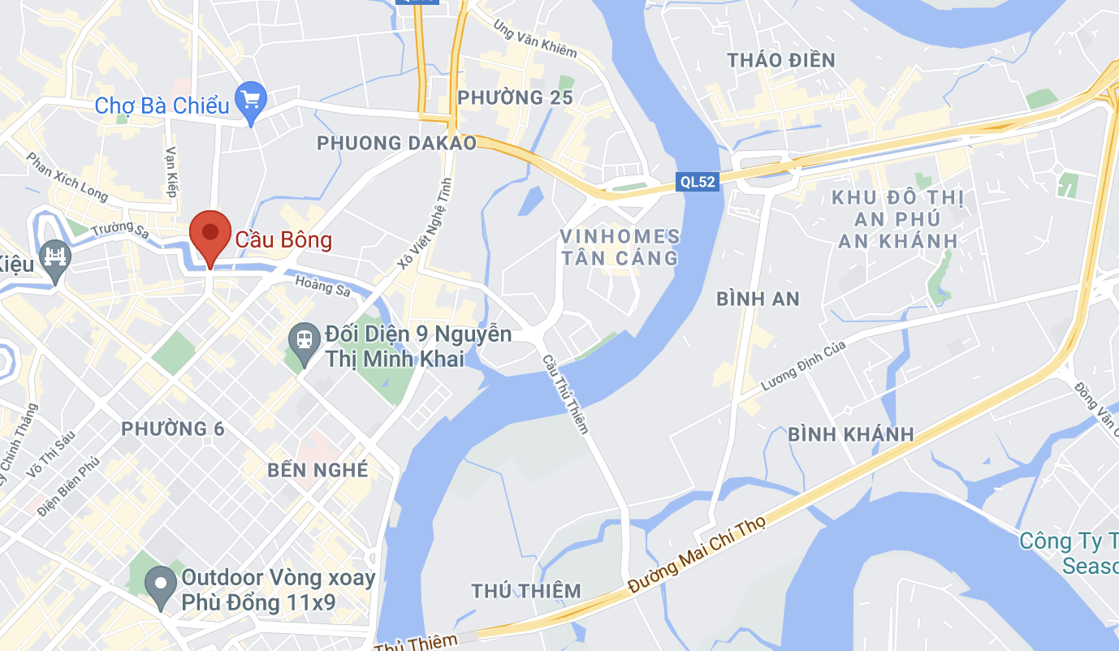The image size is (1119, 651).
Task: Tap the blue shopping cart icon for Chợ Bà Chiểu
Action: point(251,101)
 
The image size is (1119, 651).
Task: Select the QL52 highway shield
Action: point(698,182)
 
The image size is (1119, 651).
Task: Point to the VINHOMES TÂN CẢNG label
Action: point(620,248)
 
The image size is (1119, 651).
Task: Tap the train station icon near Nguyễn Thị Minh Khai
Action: point(304,338)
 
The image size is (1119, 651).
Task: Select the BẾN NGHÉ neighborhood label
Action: point(318,470)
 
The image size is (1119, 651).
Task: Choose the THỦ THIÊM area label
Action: point(527,590)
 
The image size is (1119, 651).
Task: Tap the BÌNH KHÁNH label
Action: point(851,434)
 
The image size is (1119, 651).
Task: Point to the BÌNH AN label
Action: point(758,299)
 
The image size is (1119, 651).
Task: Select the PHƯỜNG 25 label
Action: point(515,97)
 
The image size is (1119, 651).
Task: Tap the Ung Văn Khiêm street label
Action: point(535,38)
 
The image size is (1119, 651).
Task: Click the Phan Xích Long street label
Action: point(67,177)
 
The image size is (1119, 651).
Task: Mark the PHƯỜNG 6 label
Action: point(175,429)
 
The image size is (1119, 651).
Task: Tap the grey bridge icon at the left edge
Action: point(54,260)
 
